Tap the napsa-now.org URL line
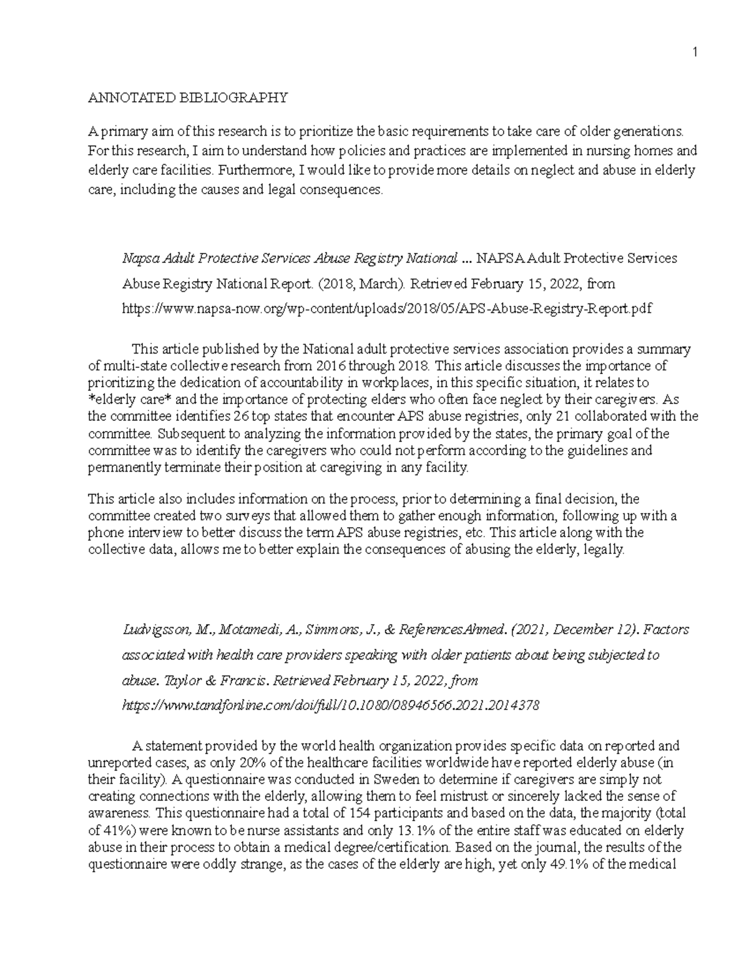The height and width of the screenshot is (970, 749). coord(386,308)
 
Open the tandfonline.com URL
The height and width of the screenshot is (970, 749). coord(330,706)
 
